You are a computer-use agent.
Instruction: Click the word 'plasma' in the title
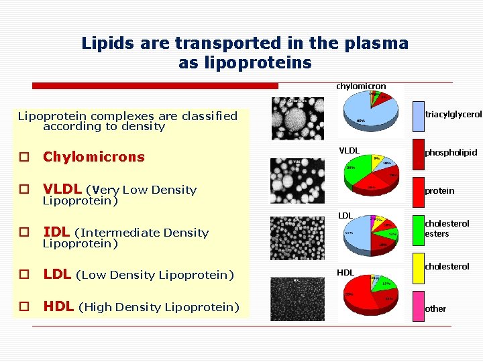[x=376, y=44]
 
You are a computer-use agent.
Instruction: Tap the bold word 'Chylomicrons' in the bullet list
[x=94, y=157]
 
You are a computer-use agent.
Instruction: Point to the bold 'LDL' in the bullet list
[x=58, y=274]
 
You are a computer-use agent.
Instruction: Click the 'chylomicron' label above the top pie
[x=361, y=86]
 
